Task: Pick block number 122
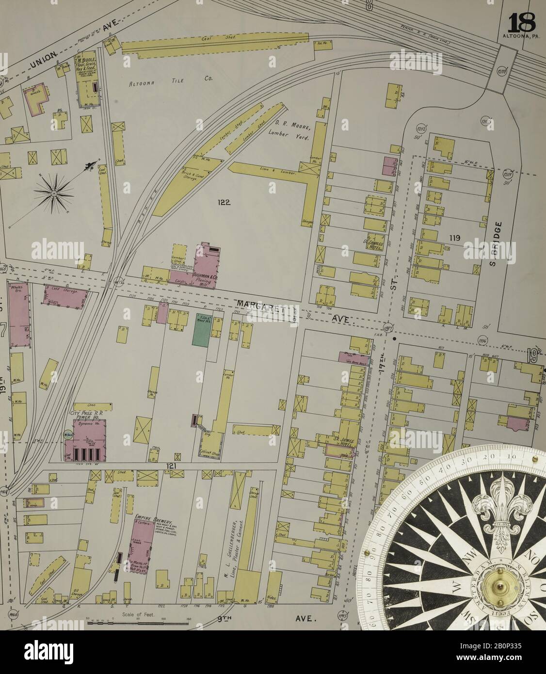click(224, 203)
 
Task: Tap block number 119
click(454, 238)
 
